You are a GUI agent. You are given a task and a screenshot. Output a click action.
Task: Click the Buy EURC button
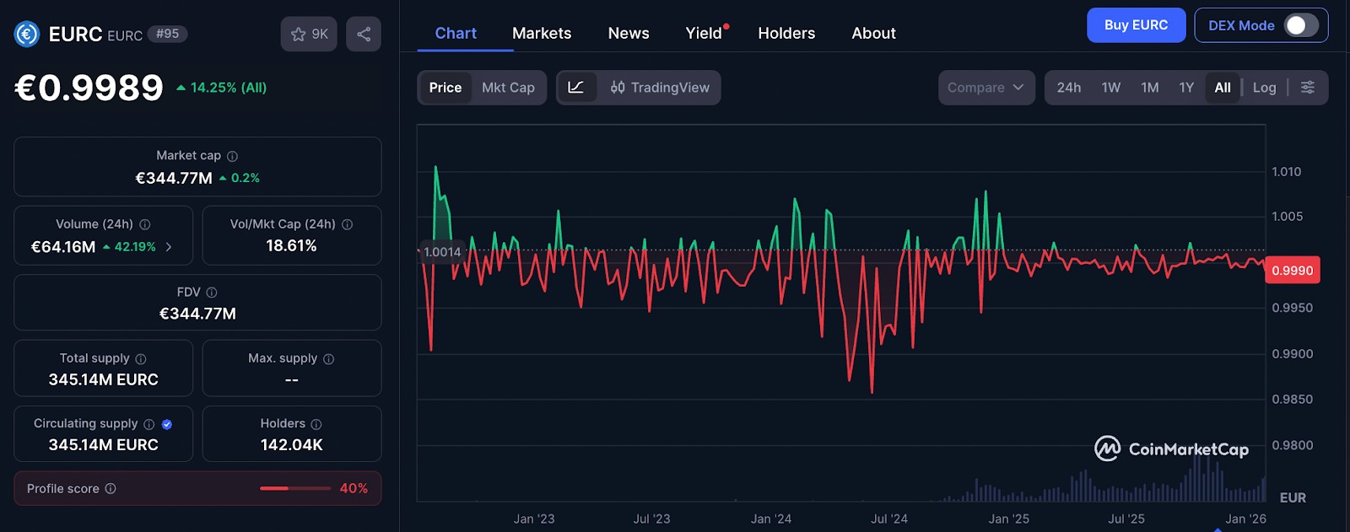(1136, 25)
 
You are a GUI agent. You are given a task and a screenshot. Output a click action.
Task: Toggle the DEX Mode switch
(1300, 25)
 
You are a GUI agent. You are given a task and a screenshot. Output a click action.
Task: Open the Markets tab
(541, 33)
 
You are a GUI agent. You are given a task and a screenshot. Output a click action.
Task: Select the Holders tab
(786, 33)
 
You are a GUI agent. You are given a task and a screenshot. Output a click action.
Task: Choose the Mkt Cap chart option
(508, 88)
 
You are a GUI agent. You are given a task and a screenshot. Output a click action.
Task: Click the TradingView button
(660, 88)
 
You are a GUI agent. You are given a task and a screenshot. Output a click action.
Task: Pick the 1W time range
(1110, 88)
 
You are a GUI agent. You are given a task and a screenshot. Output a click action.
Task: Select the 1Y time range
(1186, 88)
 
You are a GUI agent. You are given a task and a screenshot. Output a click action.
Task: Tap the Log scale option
(1264, 88)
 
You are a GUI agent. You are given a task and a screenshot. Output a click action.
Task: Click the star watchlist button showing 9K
(309, 34)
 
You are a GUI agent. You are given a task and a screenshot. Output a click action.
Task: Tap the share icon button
(364, 34)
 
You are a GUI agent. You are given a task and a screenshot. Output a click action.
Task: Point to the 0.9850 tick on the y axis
(1292, 400)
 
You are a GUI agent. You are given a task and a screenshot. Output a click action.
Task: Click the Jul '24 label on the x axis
(889, 519)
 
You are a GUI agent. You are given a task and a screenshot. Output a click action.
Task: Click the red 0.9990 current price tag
(1292, 271)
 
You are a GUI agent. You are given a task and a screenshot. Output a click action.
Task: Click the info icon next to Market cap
(232, 156)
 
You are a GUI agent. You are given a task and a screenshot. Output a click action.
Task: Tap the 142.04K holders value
(292, 444)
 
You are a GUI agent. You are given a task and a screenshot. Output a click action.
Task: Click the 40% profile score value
(354, 488)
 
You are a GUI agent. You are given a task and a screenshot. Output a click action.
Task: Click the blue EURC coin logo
(26, 34)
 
